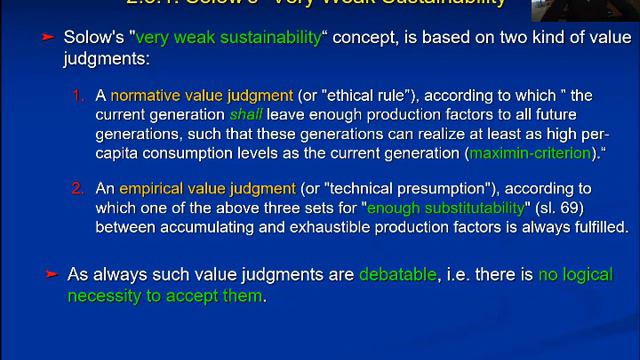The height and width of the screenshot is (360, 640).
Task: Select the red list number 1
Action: [79, 96]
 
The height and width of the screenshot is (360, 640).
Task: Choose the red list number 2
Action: [79, 187]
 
